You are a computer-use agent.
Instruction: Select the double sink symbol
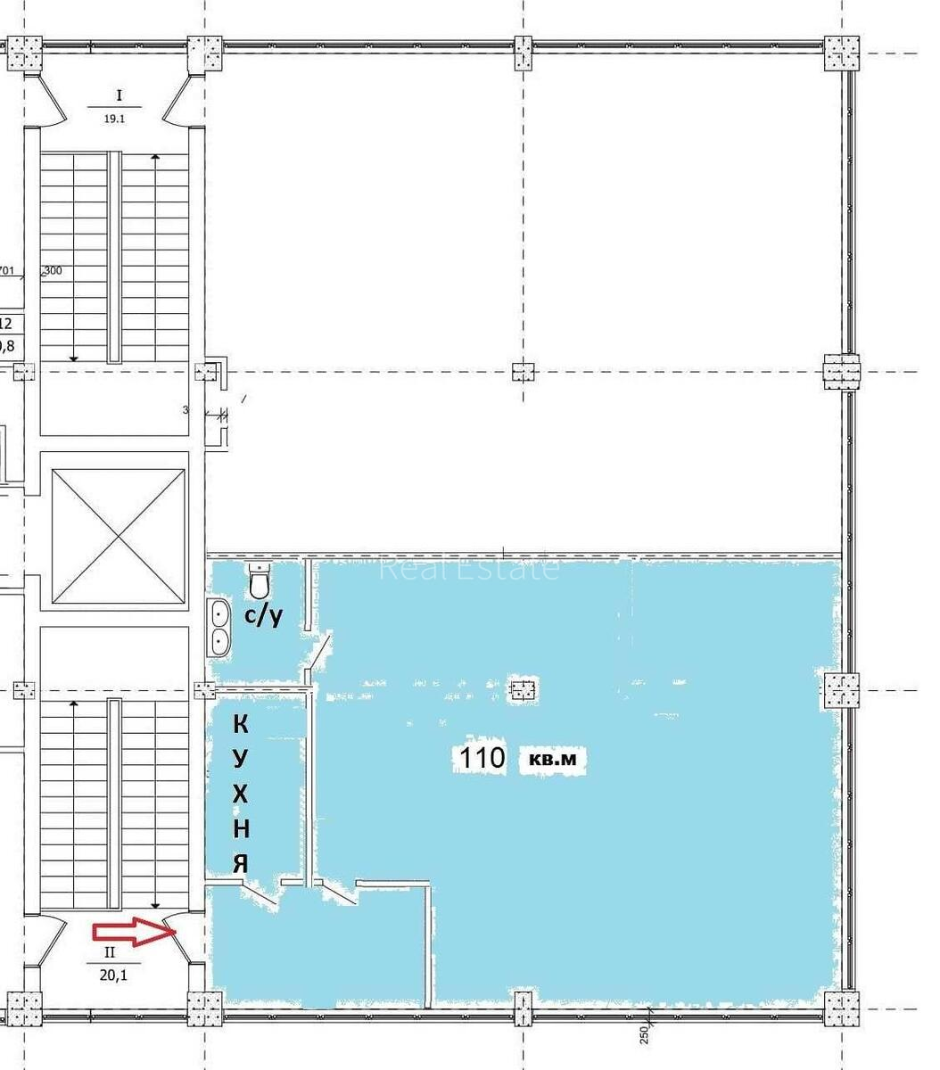coord(219,627)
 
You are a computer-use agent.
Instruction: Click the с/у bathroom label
coord(264,614)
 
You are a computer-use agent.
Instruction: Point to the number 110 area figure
coord(482,759)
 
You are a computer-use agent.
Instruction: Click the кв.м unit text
coord(553,761)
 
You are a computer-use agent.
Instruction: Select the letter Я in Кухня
coord(240,863)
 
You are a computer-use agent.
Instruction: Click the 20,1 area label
coord(112,975)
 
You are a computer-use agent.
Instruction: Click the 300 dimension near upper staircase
coord(53,271)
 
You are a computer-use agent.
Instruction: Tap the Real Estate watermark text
coord(469,568)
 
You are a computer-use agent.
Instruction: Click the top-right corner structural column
coord(841,53)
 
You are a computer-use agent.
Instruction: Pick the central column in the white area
coord(523,371)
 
